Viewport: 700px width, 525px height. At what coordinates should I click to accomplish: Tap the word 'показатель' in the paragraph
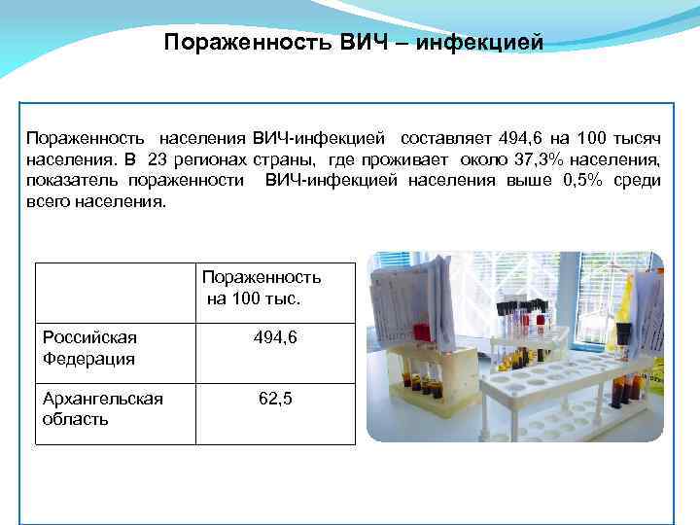pos(74,180)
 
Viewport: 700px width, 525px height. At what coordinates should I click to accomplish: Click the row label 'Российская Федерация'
pos(89,348)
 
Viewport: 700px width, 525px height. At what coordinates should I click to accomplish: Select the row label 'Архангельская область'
pos(101,409)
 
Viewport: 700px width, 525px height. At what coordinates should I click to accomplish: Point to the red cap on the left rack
pos(421,332)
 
